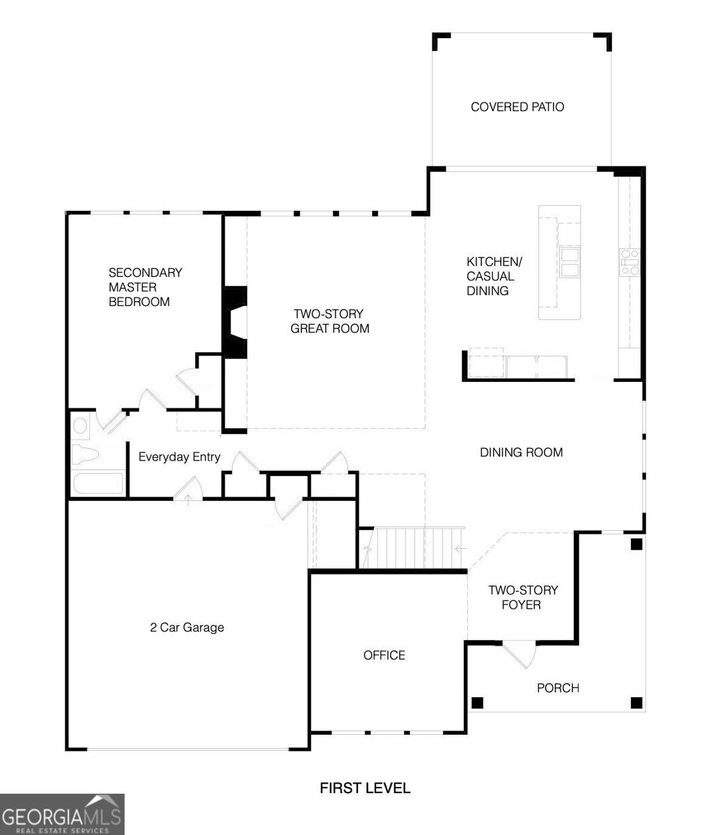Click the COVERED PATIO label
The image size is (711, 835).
point(517,107)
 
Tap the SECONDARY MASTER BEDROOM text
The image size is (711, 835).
point(145,287)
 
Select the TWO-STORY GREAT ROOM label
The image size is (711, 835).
point(329,321)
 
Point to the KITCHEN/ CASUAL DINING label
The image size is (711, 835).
point(494,276)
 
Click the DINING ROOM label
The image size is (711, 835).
point(522,452)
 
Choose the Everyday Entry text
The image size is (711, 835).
point(180,457)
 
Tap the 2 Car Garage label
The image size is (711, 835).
point(187,628)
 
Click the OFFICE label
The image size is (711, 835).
point(384,655)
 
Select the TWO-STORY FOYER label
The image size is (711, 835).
point(523,598)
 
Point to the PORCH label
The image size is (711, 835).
point(558,688)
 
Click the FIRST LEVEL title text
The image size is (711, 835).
point(365,788)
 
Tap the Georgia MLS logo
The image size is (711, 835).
point(62,814)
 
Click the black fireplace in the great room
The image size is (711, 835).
point(235,322)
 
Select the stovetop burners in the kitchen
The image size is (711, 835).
point(630,262)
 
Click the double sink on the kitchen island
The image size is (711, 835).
point(570,262)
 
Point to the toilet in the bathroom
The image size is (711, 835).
point(85,455)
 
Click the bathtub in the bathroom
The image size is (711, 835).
point(97,484)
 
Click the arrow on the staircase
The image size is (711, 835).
point(461,548)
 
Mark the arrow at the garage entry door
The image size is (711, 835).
point(188,500)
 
